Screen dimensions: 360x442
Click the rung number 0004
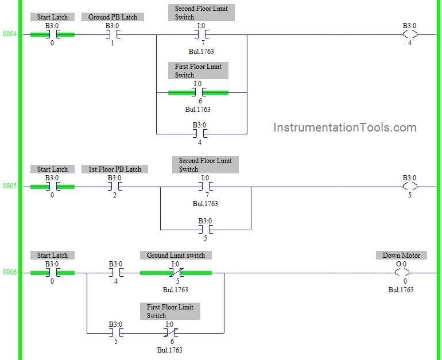coord(9,34)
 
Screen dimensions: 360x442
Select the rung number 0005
coord(9,186)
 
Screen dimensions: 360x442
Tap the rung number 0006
coord(9,272)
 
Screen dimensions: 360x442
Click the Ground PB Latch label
coord(113,17)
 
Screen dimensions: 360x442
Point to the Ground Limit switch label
coord(176,256)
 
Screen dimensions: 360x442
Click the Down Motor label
coord(401,256)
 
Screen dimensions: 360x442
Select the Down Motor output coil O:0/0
coord(402,272)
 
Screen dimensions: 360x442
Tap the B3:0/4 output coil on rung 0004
coord(409,34)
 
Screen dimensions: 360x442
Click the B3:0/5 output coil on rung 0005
coord(409,186)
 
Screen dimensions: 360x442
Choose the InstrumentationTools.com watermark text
coord(345,127)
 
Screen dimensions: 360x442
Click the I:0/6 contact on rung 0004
coord(198,92)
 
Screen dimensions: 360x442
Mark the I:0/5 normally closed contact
coord(176,272)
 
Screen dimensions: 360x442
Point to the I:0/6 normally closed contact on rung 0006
coord(169,332)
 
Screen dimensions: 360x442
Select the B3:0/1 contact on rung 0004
coord(113,34)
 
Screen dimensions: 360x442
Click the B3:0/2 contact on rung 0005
coord(115,186)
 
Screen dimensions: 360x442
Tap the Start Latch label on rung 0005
coord(52,169)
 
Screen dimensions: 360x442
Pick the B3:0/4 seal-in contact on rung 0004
coord(199,133)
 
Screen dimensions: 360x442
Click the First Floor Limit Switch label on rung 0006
coord(170,311)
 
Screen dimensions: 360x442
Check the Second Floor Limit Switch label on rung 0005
coord(205,165)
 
